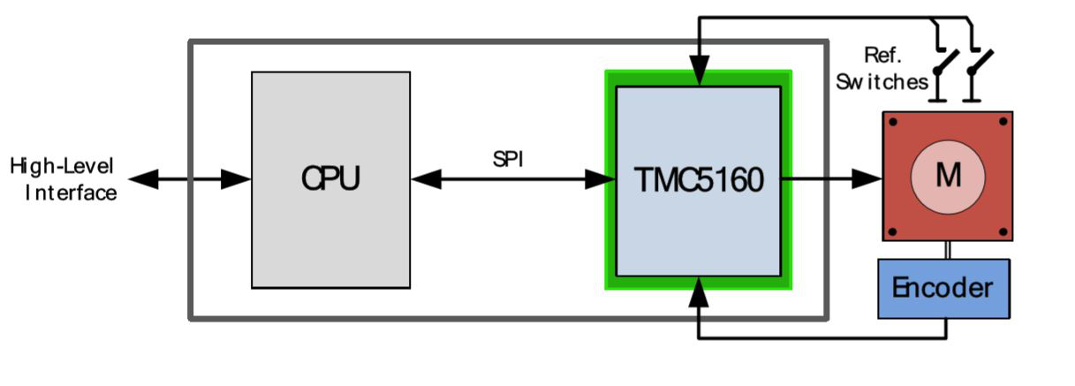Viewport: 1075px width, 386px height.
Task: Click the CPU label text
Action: coord(330,178)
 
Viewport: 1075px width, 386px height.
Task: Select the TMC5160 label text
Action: coord(699,180)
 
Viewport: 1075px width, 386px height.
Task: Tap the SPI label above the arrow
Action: coord(508,159)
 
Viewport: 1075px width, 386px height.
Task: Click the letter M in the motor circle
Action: coord(949,175)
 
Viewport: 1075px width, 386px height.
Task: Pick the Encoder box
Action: coord(944,289)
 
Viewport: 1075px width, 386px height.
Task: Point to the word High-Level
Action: coord(62,166)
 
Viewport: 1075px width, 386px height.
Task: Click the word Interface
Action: coord(71,193)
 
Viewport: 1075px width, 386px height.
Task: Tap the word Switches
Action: coord(882,82)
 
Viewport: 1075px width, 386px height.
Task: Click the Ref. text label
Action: coord(883,56)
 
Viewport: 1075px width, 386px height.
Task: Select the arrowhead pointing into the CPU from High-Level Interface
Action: coord(236,179)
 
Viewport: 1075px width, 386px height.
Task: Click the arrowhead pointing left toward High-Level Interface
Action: coord(143,179)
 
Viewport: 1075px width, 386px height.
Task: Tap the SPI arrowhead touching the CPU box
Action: coord(427,179)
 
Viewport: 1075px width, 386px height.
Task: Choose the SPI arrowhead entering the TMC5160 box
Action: coord(601,179)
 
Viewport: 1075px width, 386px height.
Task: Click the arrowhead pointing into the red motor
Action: coord(867,178)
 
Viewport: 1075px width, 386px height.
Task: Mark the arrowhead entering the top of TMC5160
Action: coord(700,71)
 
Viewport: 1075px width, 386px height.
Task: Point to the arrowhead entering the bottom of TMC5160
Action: coord(699,291)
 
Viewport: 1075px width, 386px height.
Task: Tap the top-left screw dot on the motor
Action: coord(893,122)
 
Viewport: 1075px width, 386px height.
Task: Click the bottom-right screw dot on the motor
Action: coord(1003,232)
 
